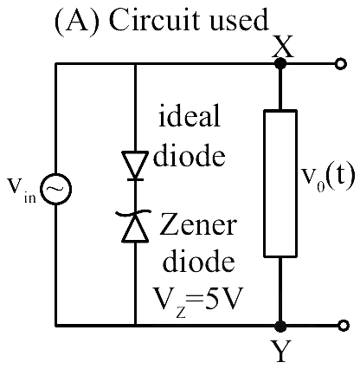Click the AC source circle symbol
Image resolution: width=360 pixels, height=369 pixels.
(55, 189)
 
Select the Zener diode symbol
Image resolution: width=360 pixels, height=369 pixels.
(134, 226)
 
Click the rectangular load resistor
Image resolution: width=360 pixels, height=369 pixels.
(280, 183)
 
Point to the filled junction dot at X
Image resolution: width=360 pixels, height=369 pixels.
(280, 63)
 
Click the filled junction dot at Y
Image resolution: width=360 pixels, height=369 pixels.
(280, 326)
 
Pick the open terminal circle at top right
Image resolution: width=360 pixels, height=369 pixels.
(341, 64)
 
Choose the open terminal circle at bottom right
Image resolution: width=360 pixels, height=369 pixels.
(343, 326)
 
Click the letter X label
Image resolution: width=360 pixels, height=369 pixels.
(283, 47)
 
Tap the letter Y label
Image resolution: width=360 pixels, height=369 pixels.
(280, 351)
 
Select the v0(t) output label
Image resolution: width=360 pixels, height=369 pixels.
(328, 178)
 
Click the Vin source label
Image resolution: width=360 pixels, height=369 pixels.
(22, 191)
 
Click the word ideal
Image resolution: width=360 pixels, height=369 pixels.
(190, 116)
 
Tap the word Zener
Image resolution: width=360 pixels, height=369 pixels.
(198, 224)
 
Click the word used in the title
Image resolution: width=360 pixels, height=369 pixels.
(240, 22)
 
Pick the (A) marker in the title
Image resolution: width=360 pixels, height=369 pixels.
(78, 22)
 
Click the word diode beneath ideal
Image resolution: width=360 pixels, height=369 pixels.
(190, 155)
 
